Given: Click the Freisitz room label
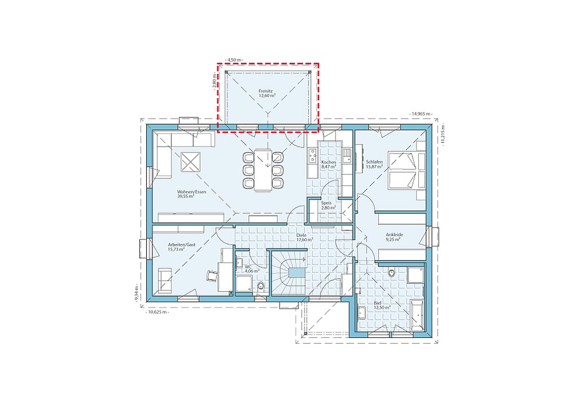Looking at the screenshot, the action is coord(267,93).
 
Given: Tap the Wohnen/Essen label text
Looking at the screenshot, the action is coord(191,194).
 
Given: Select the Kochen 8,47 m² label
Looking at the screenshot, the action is coord(329,164).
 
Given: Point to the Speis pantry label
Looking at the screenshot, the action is coord(328,205).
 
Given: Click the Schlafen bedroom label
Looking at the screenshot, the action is coord(374,164).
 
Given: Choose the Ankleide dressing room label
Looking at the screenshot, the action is coord(394,236).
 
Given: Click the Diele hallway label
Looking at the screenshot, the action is coord(305,237).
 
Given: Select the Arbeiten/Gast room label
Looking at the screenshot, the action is coord(181,247).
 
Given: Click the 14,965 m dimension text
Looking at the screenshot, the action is coord(421,114).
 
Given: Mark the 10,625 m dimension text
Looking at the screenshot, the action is coord(157,312).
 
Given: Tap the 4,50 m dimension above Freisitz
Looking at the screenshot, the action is coord(234,59).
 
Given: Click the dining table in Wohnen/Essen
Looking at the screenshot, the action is coord(263,170).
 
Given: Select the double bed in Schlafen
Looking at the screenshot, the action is coord(406,171).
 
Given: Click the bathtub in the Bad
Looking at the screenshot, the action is coord(417,315).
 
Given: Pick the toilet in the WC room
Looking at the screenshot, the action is coord(261,286).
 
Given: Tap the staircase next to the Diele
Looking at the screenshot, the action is coord(290,272).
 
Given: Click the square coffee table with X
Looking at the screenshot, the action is coord(190,162).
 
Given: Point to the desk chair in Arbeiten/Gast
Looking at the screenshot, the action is coord(212,275).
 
